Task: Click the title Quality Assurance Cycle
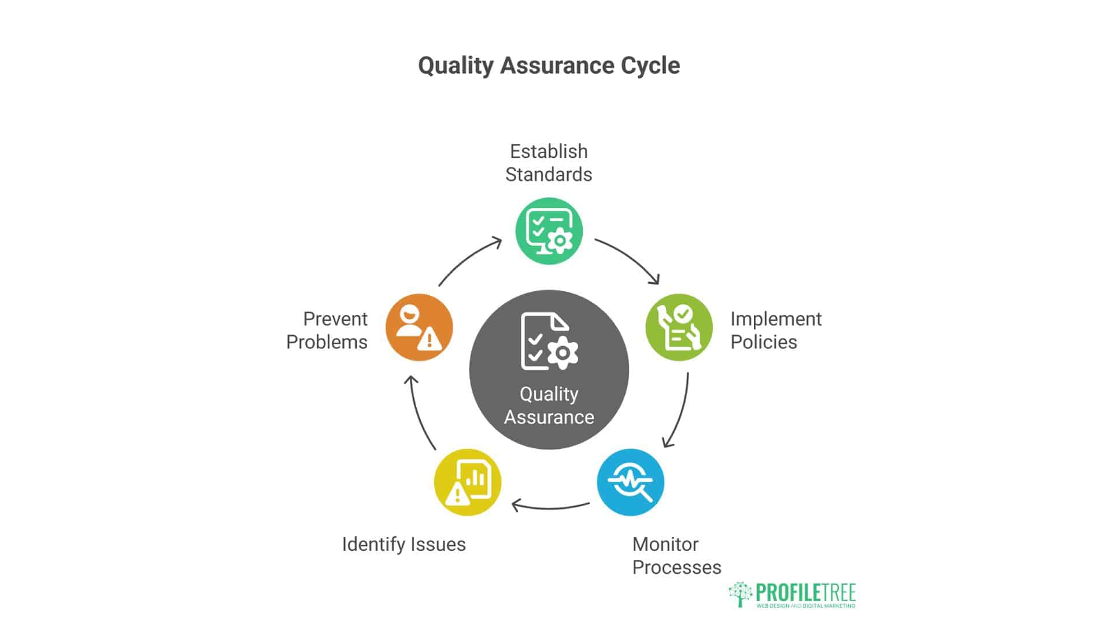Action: pos(549,66)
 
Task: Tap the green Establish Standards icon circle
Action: pos(549,231)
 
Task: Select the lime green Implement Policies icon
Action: pos(679,328)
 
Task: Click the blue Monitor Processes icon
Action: pos(630,482)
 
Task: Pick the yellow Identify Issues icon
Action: pos(467,482)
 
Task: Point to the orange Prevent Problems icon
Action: pos(419,328)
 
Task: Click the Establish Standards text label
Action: pos(549,163)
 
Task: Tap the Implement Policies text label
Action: pos(775,330)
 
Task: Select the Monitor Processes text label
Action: pos(676,556)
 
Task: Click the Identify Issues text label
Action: pos(404,544)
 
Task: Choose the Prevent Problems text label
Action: pos(327,330)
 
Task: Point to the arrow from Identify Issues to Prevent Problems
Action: pos(420,411)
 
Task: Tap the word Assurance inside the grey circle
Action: pos(549,417)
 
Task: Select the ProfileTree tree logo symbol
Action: pos(740,594)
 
